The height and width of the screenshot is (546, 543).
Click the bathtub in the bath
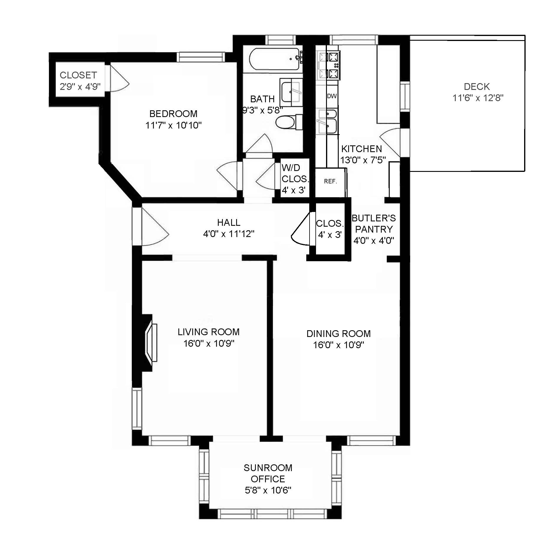(x=276, y=60)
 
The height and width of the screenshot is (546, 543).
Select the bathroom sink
(x=291, y=92)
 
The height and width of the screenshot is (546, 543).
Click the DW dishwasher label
(x=332, y=96)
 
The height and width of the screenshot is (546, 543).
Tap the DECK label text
(x=477, y=87)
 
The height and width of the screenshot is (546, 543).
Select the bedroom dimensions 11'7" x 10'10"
(x=173, y=125)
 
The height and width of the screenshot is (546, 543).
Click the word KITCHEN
(x=361, y=149)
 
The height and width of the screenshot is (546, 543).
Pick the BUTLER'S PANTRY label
(x=374, y=224)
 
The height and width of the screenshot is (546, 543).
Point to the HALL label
(x=229, y=223)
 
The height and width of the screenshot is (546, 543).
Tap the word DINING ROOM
(x=339, y=334)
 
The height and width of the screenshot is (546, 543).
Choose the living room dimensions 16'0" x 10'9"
(x=209, y=343)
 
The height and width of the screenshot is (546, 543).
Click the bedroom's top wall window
(x=201, y=57)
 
